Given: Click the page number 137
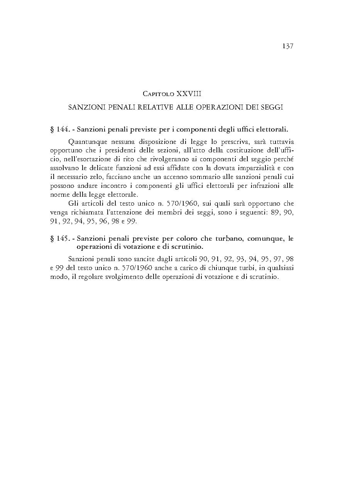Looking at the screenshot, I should coord(288,46).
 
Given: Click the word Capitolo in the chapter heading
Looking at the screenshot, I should coord(158,94).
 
